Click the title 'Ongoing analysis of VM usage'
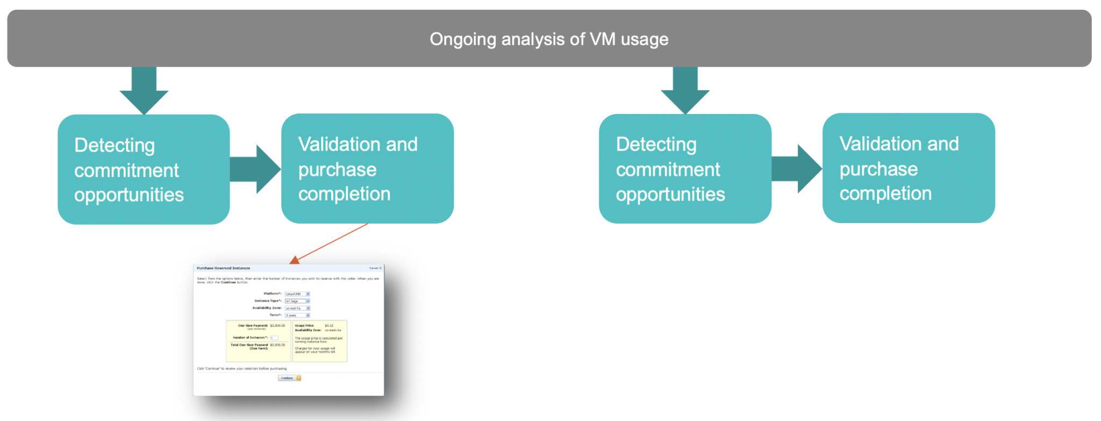click(549, 39)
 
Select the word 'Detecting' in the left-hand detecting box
click(115, 145)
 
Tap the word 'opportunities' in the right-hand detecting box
click(670, 194)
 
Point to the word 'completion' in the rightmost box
click(885, 193)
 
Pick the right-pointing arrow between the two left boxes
click(256, 169)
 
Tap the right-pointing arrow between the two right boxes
click(797, 168)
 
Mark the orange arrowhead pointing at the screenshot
click(295, 260)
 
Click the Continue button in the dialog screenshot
click(289, 378)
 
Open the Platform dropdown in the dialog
click(297, 294)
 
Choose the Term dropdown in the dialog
click(297, 315)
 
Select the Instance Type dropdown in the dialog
click(297, 301)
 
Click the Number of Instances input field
click(274, 338)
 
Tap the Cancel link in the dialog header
click(373, 268)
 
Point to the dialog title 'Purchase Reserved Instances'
click(223, 268)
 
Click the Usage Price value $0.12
click(329, 325)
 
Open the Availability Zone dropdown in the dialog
click(297, 308)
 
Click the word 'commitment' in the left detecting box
click(126, 170)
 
